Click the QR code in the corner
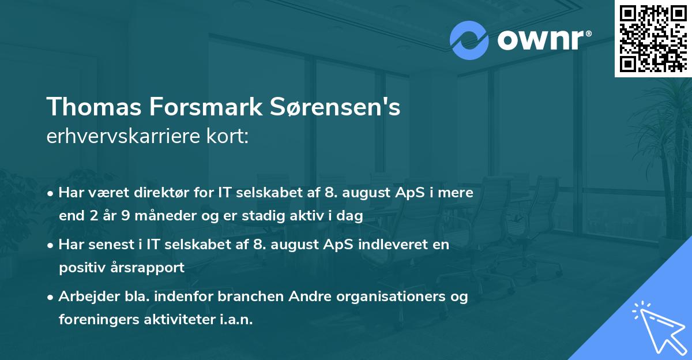coord(653,38)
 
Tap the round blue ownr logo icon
coord(469,40)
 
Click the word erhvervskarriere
coord(121,136)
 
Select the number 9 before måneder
coord(126,216)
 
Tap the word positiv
coord(81,268)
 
